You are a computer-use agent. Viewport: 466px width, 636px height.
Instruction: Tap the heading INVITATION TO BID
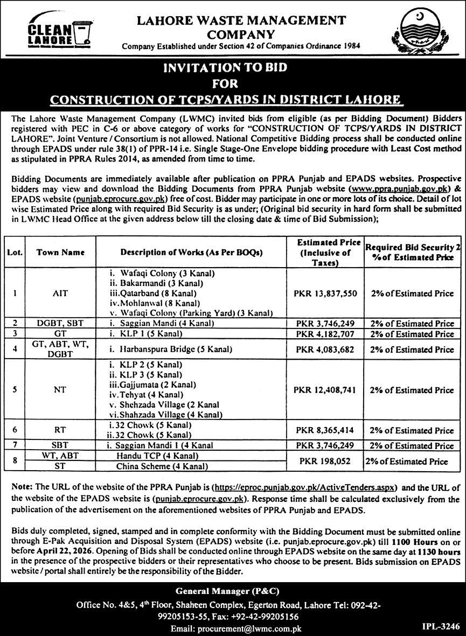232,68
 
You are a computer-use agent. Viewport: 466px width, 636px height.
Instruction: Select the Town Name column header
60,252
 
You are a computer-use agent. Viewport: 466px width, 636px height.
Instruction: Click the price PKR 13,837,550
325,293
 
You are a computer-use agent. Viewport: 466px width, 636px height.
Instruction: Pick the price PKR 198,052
325,461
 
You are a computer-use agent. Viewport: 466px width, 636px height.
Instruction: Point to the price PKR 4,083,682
325,350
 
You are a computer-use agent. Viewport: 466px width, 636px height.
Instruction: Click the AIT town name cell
60,293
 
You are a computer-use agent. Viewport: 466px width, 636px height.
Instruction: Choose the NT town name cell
60,390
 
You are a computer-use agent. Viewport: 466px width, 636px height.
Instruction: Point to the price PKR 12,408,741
325,390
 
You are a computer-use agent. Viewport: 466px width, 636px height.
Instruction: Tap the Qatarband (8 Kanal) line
152,293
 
